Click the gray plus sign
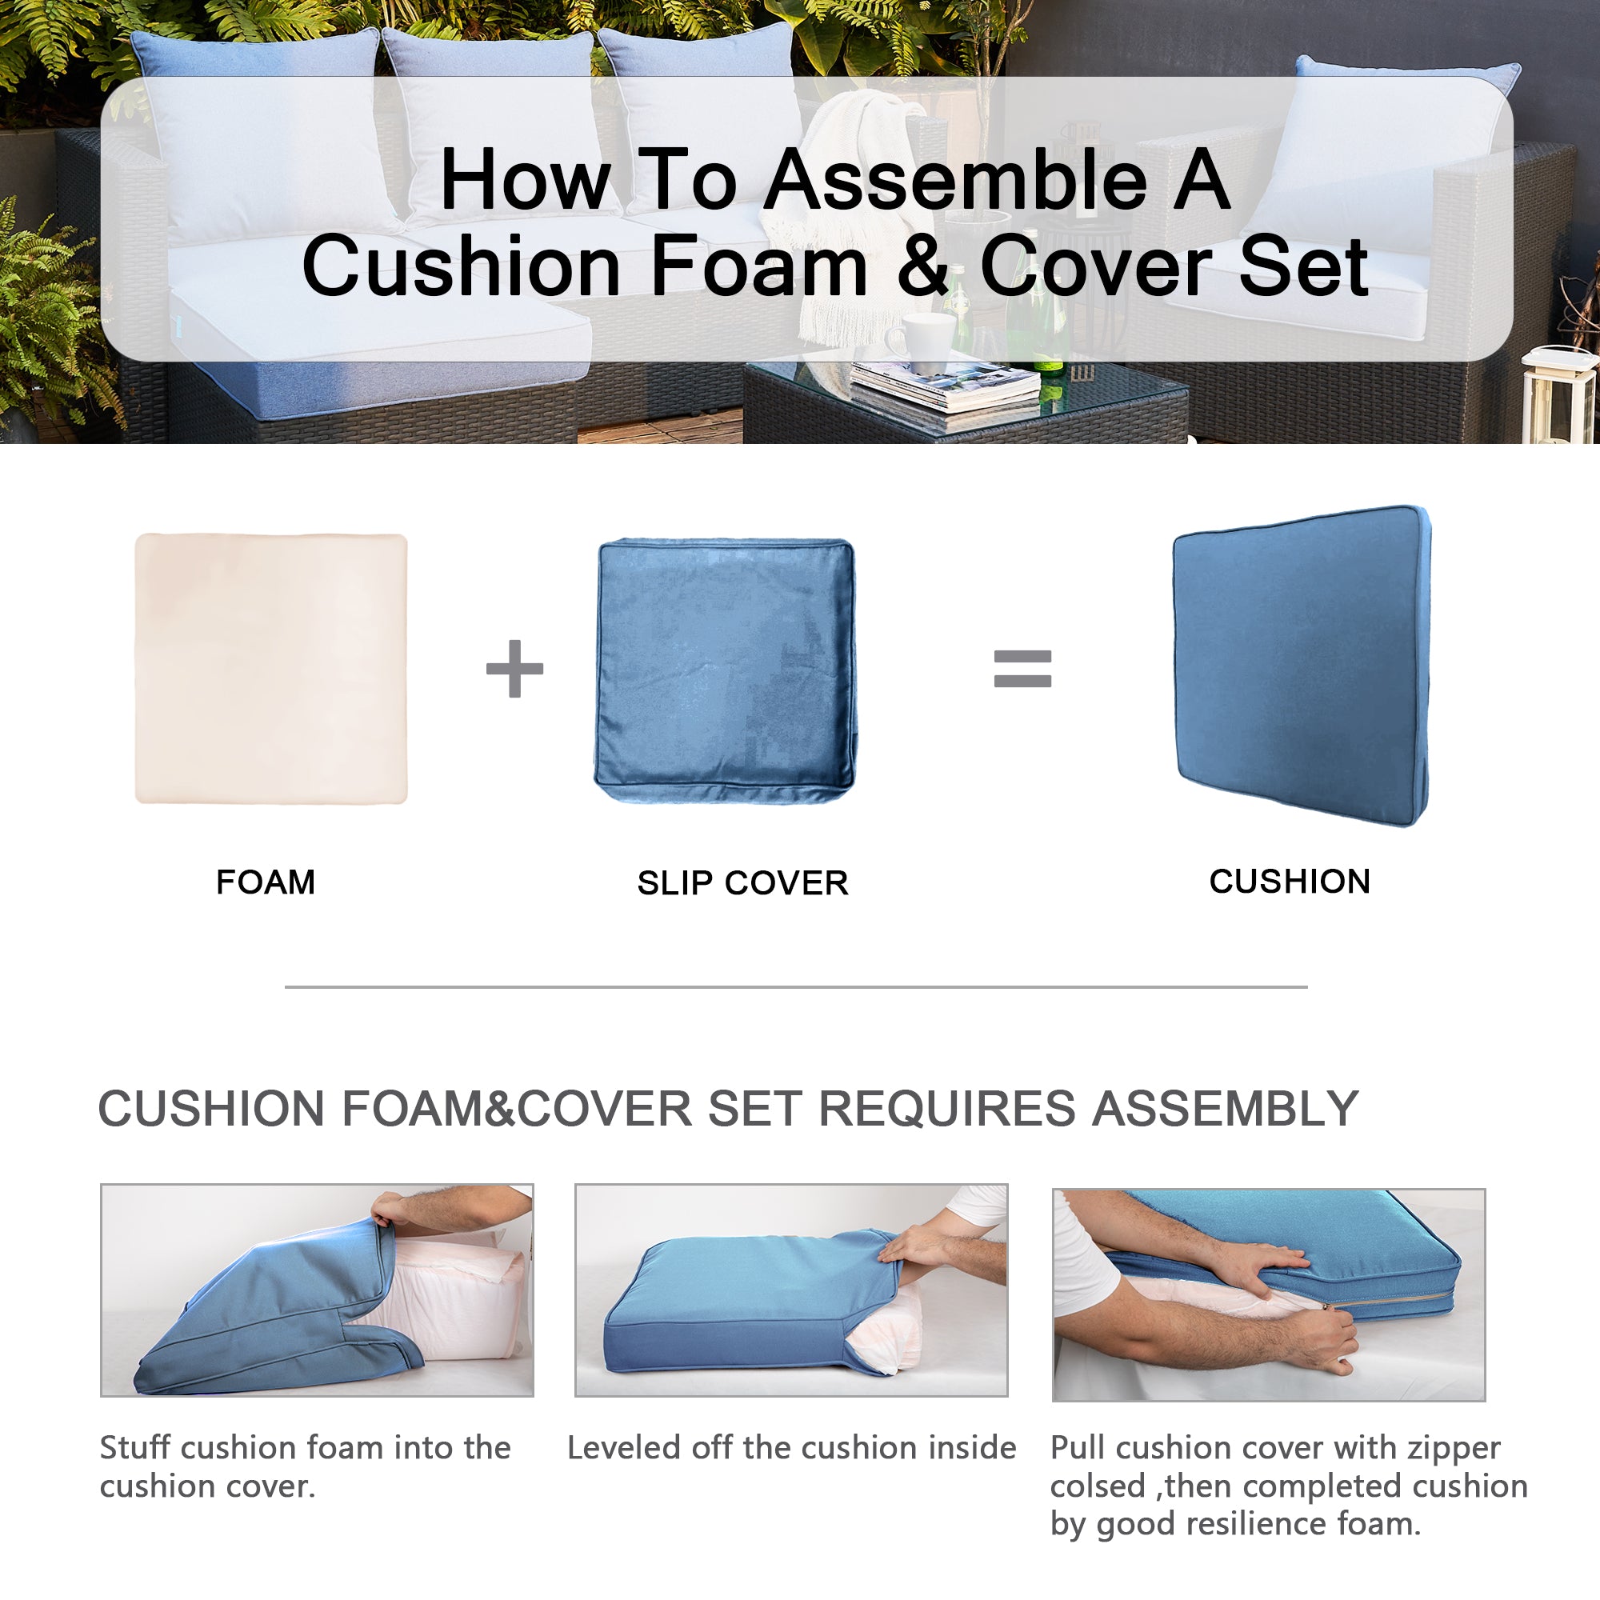click(x=514, y=668)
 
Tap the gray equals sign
click(x=1022, y=669)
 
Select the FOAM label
click(x=266, y=882)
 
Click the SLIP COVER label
click(x=743, y=883)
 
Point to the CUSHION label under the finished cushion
click(x=1290, y=881)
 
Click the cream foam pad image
click(x=272, y=668)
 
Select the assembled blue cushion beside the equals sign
click(x=1302, y=666)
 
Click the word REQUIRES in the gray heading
click(x=946, y=1108)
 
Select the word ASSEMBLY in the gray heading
click(x=1226, y=1108)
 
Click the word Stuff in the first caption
click(x=136, y=1448)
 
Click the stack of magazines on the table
click(x=944, y=387)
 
